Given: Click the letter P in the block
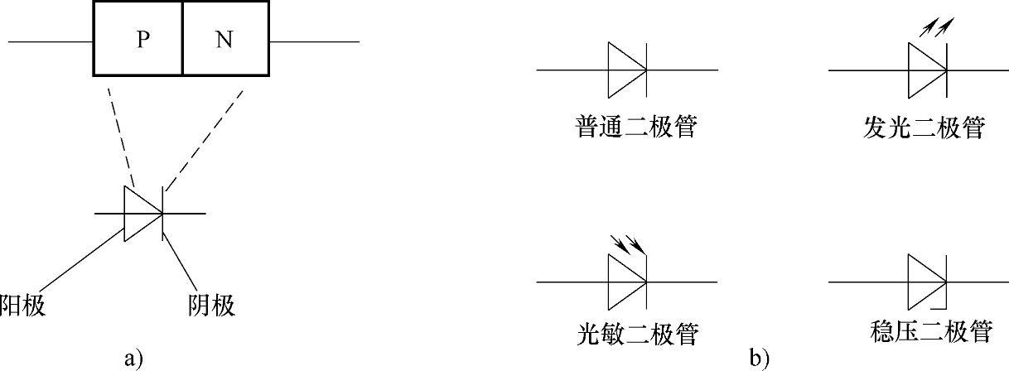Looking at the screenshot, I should [x=142, y=41].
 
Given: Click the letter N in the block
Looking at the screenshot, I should [x=224, y=41].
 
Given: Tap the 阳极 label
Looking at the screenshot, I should [x=22, y=306].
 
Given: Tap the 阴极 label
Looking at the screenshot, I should [x=212, y=306].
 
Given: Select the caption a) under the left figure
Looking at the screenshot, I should [x=133, y=358].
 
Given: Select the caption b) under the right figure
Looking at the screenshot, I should [x=759, y=358].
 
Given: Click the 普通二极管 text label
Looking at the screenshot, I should [x=636, y=128].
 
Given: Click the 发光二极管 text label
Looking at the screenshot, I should [x=924, y=128].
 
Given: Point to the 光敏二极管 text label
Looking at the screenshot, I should [x=636, y=334].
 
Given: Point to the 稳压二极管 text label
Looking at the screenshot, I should [x=932, y=332].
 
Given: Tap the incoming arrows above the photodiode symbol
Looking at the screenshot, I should [x=626, y=243].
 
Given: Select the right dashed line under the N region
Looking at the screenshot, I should [x=204, y=136].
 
